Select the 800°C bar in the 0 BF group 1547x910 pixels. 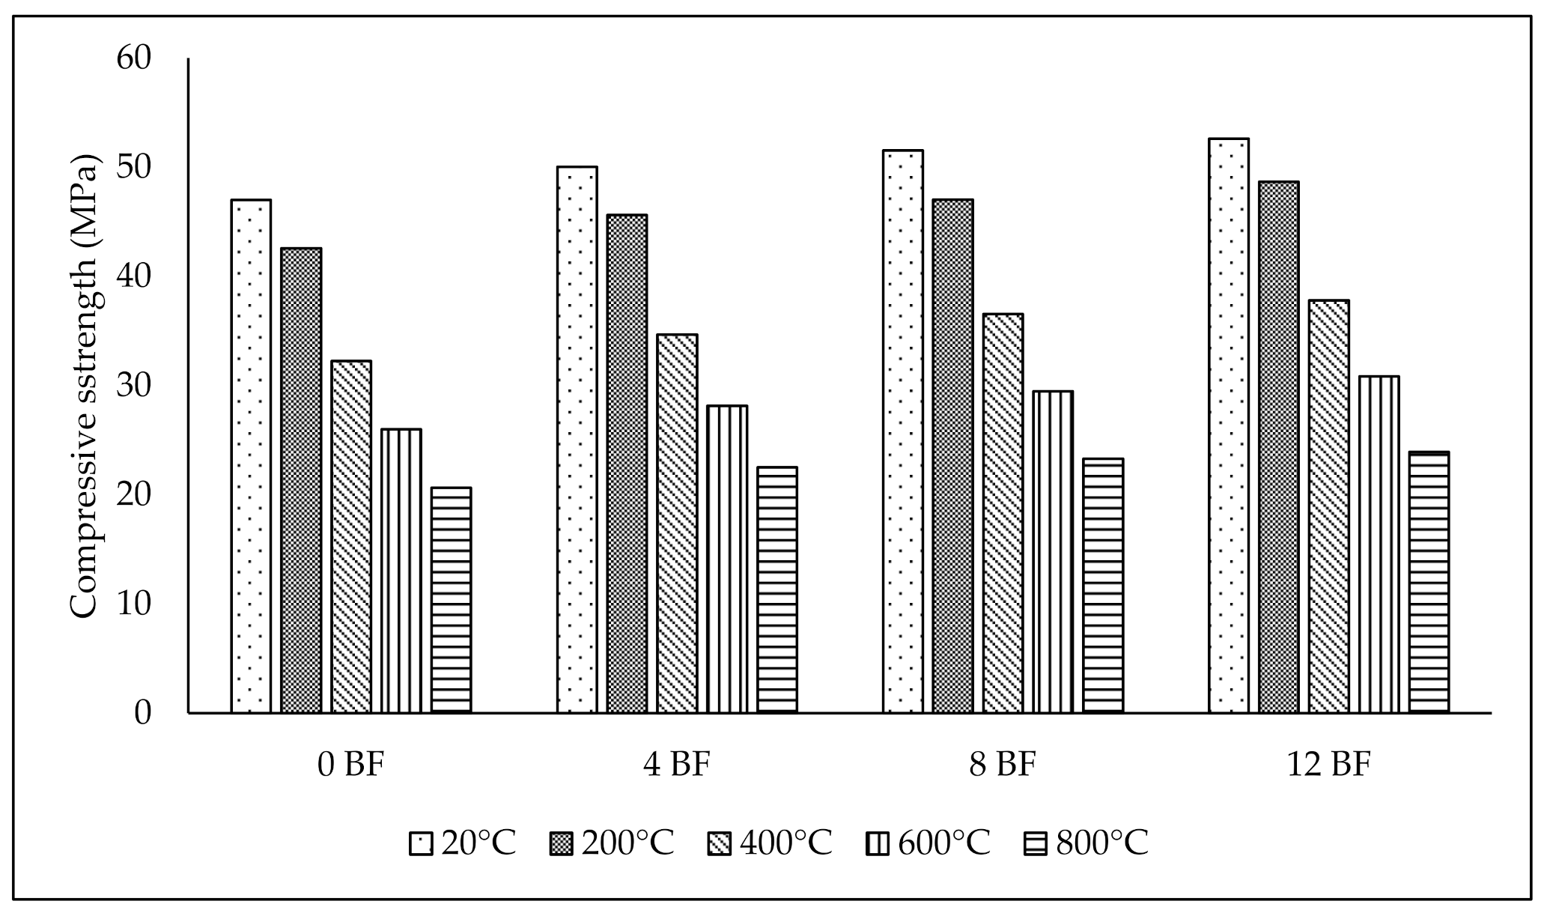point(451,599)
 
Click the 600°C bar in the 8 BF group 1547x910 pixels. point(1053,551)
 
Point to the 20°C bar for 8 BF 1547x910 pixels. point(902,431)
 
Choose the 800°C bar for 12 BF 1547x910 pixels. point(1429,582)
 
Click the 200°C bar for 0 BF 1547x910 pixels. point(301,479)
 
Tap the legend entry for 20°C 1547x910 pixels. point(463,843)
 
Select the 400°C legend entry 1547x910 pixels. point(769,843)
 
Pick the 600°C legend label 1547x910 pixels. point(943,843)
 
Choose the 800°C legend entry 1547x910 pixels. point(1086,843)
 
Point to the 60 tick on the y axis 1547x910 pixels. point(134,58)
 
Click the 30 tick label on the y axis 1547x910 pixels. point(134,386)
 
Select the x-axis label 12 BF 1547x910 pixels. point(1328,765)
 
